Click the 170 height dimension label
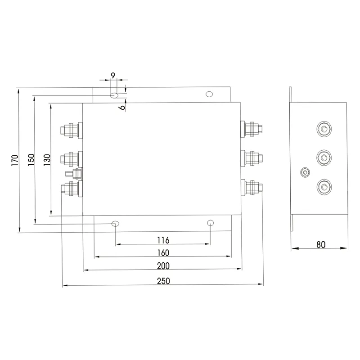pyautogui.click(x=15, y=161)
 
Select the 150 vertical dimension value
pyautogui.click(x=31, y=160)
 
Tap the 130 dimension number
pyautogui.click(x=47, y=160)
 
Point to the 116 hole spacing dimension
pyautogui.click(x=163, y=240)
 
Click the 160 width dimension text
pyautogui.click(x=163, y=253)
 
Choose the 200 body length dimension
pyautogui.click(x=163, y=266)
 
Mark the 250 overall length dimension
pyautogui.click(x=163, y=281)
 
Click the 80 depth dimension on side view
pyautogui.click(x=321, y=245)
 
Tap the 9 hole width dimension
pyautogui.click(x=113, y=75)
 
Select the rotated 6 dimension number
pyautogui.click(x=123, y=107)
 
